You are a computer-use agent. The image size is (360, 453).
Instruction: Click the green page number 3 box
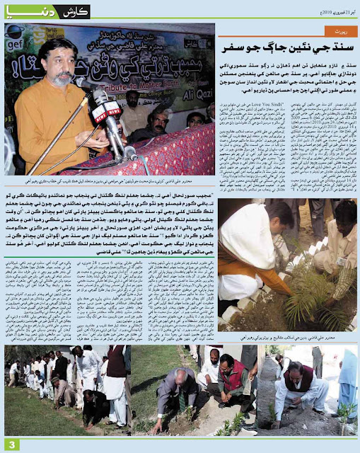(x=11, y=443)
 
